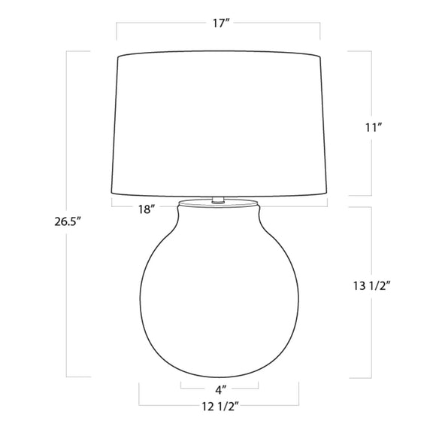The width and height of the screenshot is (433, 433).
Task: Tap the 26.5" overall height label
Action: coord(68,221)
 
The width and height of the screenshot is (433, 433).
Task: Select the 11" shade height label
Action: coord(374,128)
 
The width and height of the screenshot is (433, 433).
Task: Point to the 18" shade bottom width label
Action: coord(147,209)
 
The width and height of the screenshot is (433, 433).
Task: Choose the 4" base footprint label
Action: coord(221,390)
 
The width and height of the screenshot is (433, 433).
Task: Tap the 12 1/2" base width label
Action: coord(220,407)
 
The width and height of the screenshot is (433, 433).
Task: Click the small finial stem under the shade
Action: coord(218,200)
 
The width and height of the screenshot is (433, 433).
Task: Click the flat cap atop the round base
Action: coord(218,203)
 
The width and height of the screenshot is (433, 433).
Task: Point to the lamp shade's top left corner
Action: coord(118,57)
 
